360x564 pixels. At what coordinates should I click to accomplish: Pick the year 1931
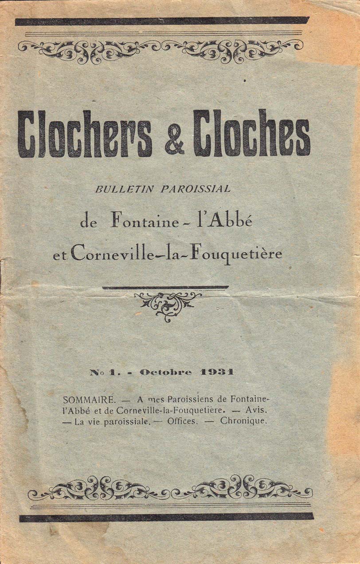(x=217, y=372)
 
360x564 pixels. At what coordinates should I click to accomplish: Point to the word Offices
(x=182, y=421)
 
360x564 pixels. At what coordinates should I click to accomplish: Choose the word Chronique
(x=244, y=421)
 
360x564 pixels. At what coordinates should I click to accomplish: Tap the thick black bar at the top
(x=162, y=21)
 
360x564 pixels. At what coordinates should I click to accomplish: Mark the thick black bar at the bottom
(x=166, y=517)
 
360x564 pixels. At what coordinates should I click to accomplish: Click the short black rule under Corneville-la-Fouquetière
(x=165, y=287)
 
